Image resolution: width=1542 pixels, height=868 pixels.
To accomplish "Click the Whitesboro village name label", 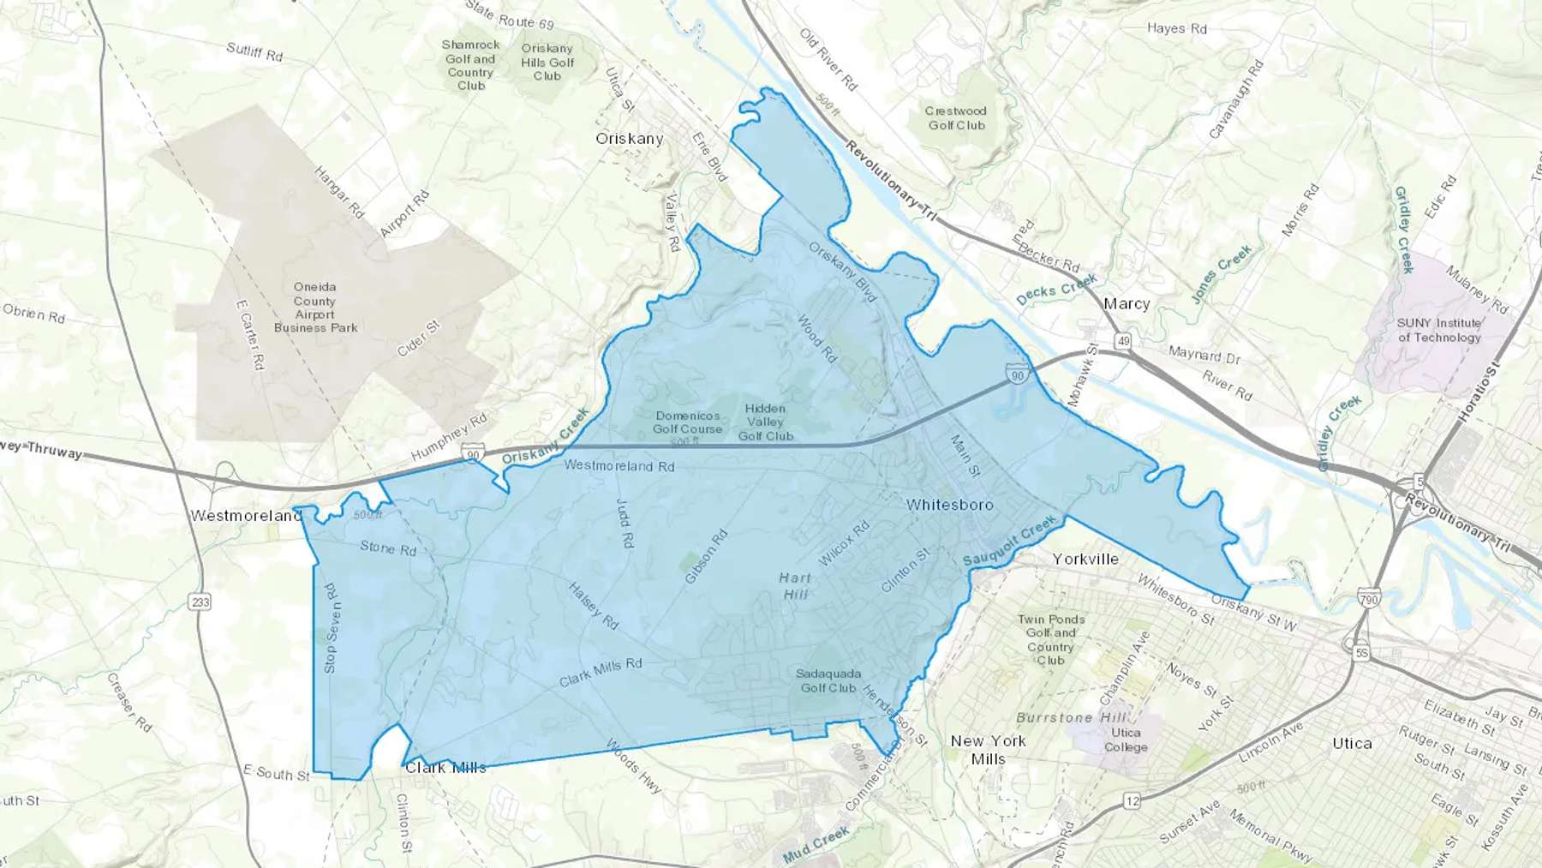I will tap(950, 505).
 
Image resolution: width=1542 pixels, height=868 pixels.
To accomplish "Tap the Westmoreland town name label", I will tap(246, 516).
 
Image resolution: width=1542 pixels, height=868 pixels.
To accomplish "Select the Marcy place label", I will tap(1127, 303).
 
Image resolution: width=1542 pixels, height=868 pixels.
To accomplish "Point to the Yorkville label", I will tap(1085, 559).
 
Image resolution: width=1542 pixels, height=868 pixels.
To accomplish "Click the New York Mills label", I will tap(989, 750).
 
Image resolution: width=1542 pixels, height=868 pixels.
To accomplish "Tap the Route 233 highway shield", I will tap(200, 602).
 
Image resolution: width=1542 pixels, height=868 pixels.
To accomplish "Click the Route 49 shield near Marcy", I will tap(1123, 341).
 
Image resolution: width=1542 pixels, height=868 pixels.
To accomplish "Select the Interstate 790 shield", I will tap(1369, 600).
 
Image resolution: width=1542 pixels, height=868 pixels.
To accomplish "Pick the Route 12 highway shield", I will tap(1133, 801).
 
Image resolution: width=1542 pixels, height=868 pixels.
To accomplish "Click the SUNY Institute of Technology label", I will tap(1439, 330).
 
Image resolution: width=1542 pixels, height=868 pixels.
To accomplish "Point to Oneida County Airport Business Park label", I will tap(315, 307).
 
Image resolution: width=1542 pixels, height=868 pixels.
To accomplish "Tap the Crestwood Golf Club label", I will tap(956, 118).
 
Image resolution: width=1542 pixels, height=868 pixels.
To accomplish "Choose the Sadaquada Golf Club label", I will tap(828, 680).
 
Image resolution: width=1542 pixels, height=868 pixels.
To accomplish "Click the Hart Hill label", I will tap(795, 585).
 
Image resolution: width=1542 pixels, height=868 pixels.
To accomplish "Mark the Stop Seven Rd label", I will tap(331, 628).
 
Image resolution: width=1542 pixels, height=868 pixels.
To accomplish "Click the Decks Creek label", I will tap(1056, 290).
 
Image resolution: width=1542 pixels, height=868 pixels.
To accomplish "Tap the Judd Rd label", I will tap(625, 524).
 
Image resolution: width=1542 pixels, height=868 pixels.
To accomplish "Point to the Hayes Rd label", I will tap(1177, 28).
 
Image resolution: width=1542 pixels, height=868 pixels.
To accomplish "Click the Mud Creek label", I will tap(816, 844).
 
